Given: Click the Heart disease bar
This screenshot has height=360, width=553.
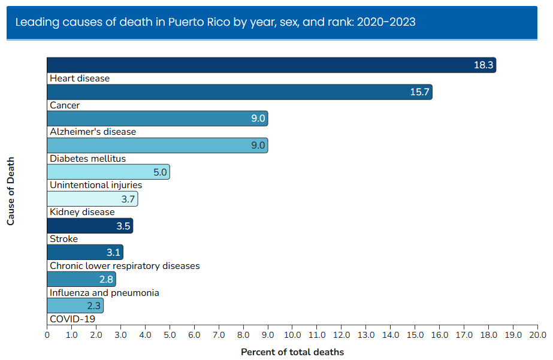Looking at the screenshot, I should (271, 65).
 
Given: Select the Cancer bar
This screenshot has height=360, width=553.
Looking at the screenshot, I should (239, 92).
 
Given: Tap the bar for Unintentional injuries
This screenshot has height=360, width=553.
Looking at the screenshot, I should (108, 172).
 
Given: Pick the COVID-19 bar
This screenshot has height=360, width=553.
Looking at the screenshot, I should (75, 305).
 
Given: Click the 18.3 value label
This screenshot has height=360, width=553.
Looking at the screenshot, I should (483, 65).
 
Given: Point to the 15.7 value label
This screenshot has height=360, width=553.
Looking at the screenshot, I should (419, 92).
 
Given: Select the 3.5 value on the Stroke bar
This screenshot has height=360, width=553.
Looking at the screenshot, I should (122, 226).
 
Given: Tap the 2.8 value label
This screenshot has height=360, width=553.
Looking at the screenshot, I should (106, 279).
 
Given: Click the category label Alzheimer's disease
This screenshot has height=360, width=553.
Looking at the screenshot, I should (93, 132).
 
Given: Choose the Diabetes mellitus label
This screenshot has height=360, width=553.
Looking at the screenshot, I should (87, 159).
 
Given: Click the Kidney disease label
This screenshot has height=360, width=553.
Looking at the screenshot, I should (82, 212).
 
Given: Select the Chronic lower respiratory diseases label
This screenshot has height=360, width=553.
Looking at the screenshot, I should (125, 265).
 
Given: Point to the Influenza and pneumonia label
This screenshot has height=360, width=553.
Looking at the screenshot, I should (104, 292).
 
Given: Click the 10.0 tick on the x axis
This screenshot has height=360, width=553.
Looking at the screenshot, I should (292, 334).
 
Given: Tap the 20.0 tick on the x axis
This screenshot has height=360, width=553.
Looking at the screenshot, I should (537, 334).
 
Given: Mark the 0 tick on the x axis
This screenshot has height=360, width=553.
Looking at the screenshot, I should (47, 334).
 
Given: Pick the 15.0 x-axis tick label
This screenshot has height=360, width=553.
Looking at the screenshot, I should (415, 334).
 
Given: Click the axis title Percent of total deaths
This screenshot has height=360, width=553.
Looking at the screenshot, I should (292, 352).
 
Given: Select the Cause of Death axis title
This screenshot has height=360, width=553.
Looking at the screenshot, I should (11, 192).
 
